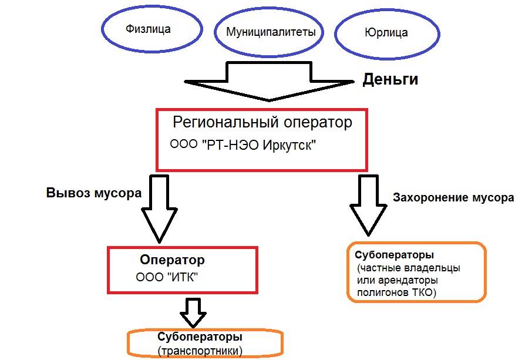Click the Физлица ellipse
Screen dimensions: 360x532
[x=148, y=29]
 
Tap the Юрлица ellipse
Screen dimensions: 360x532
[x=386, y=33]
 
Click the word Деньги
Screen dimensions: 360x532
[x=390, y=79]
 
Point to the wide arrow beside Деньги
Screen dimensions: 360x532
[x=269, y=82]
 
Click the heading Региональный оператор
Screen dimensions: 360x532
[x=262, y=123]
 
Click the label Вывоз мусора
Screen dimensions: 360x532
[x=94, y=193]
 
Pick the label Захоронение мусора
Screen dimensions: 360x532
[x=453, y=198]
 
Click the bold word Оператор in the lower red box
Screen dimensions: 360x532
[x=172, y=260]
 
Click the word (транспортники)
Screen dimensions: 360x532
[x=200, y=351]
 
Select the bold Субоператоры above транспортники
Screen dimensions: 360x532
[x=200, y=338]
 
